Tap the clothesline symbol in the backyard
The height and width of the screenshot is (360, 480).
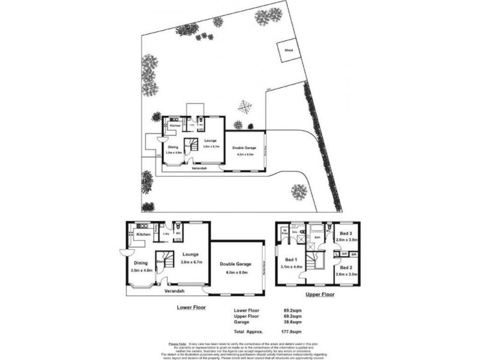coord(244,107)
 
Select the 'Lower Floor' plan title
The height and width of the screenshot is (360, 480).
coord(192,307)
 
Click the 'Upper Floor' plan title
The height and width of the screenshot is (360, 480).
coord(319,295)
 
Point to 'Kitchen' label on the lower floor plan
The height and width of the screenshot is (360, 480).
coord(143,234)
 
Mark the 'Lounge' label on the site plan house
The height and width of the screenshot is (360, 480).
coord(210,140)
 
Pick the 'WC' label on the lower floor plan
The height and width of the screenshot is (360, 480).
coord(178,233)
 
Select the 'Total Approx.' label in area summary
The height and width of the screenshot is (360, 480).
coord(247,331)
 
